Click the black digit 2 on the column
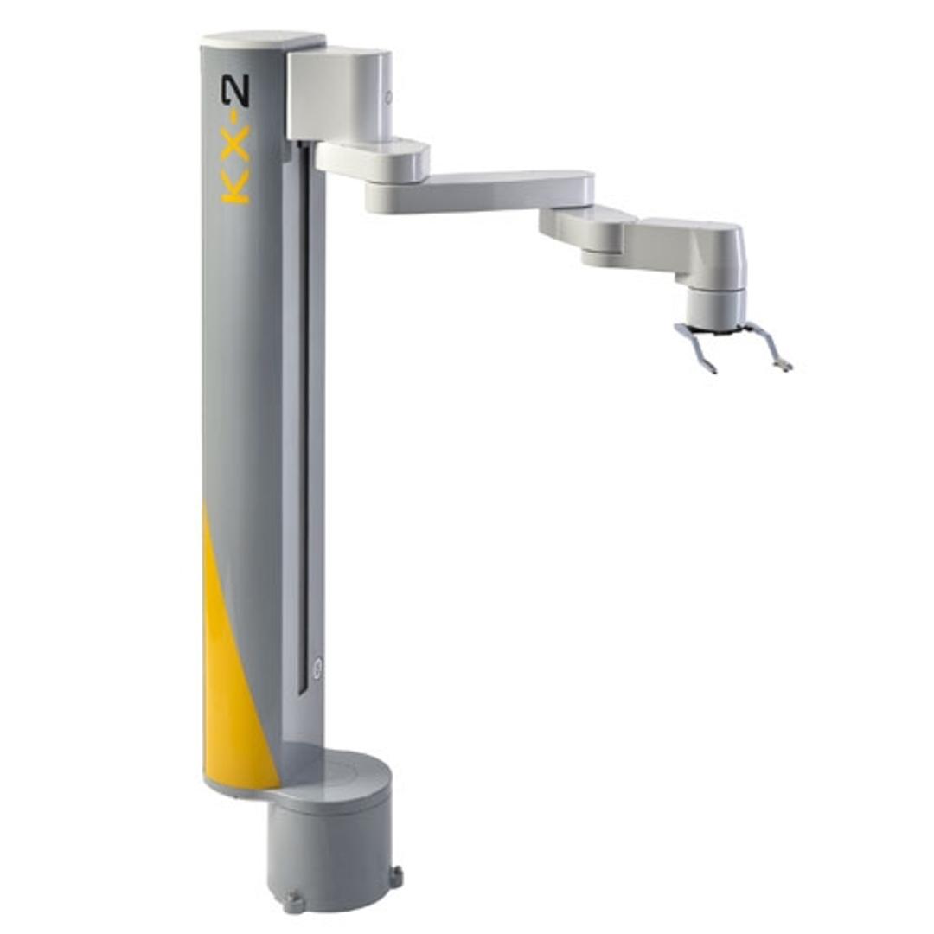coord(235,93)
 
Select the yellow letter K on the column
coord(235,189)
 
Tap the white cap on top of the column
coord(263,42)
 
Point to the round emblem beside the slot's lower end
coord(318,666)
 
